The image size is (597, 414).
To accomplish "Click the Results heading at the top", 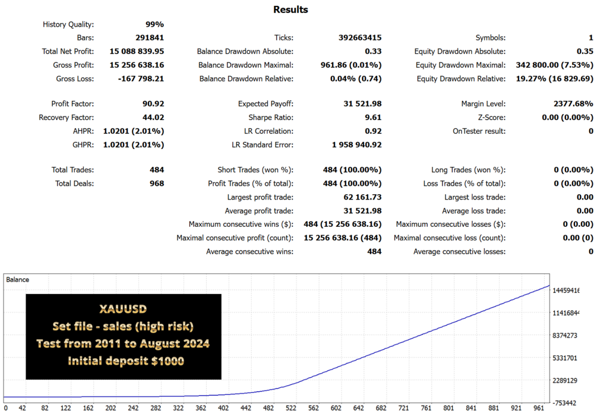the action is pos(290,10).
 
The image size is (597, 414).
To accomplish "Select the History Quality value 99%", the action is pos(154,24).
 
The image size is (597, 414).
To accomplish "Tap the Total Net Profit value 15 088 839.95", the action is pos(137,52).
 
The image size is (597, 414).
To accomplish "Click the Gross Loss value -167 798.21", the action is pos(141,79).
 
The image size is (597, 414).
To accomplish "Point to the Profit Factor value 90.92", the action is pos(153,103).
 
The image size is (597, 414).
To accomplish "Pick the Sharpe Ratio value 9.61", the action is pos(372,117).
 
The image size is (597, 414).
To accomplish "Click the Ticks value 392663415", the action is pos(360,37).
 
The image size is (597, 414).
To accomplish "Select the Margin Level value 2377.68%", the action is pos(573,103).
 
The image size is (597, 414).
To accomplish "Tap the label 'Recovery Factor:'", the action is pos(67,117).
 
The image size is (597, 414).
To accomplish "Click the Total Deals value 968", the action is pos(157,184).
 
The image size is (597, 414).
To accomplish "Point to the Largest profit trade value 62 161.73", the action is pos(362,197).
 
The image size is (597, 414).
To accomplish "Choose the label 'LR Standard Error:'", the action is pos(263,145).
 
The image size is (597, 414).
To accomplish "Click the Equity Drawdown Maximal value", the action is pos(554,65).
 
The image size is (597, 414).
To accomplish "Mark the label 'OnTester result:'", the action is pos(479,131).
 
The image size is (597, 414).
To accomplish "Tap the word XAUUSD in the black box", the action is pos(123,309).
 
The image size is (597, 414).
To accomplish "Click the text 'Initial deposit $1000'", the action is pos(126,361).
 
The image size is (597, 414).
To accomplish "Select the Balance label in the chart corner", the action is pos(17,280).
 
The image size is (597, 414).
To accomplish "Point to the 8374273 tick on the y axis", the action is pos(565,336).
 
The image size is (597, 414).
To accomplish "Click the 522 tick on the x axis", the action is pos(291,408).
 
